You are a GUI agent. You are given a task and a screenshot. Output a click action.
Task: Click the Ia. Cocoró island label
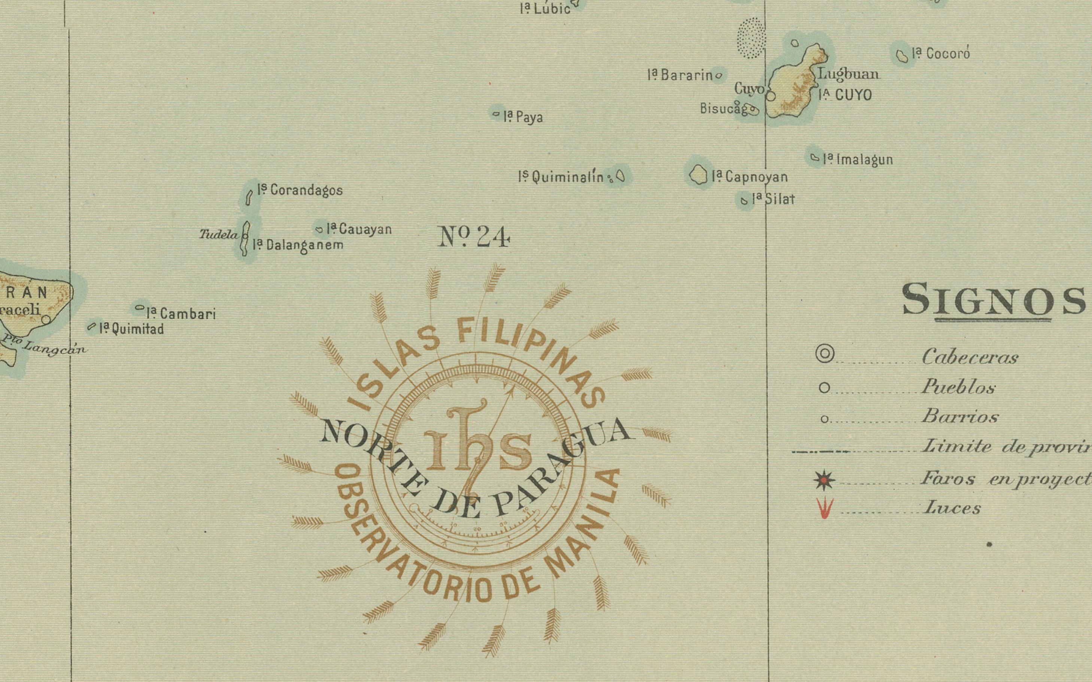[941, 54]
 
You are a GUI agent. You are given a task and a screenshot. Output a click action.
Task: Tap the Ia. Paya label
[523, 117]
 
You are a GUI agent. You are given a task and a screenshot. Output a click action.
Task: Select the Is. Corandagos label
[300, 190]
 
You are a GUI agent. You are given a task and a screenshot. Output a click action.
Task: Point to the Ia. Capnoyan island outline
[698, 174]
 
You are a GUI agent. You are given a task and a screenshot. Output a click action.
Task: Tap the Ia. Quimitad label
[131, 329]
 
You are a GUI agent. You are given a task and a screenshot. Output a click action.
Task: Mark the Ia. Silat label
[773, 199]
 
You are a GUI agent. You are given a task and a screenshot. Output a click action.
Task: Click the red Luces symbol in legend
[824, 508]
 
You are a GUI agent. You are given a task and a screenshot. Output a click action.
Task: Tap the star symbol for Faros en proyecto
[824, 480]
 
